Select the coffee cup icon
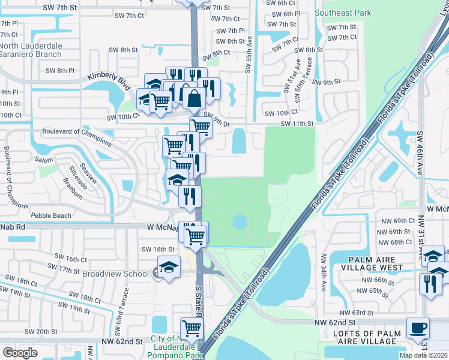point(418,328)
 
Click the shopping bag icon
point(194,97)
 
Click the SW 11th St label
point(298,124)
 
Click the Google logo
point(20,352)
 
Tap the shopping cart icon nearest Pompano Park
point(191,328)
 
